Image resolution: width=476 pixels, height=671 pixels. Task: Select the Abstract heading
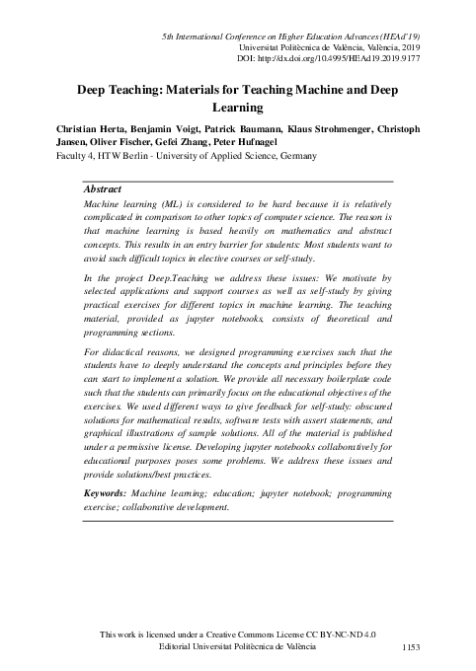[104, 186]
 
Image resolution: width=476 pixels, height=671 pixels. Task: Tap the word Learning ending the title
[238, 108]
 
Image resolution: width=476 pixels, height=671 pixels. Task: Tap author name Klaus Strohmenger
[326, 128]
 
